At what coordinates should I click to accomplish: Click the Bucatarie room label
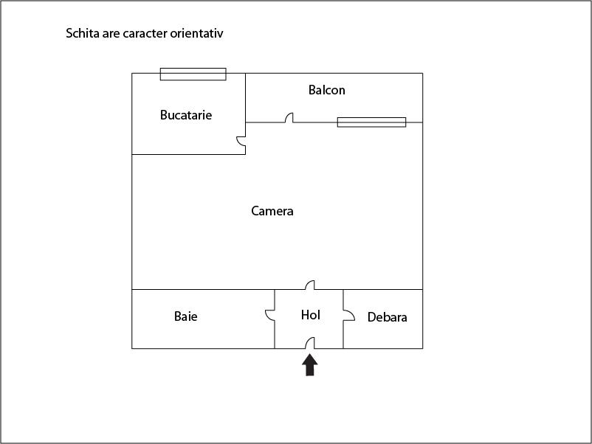click(x=186, y=115)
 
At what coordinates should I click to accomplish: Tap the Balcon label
click(x=326, y=90)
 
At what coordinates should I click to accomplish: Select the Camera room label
click(x=272, y=211)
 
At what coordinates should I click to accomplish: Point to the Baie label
click(x=186, y=316)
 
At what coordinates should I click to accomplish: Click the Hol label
click(x=311, y=315)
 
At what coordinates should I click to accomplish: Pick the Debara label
click(x=388, y=318)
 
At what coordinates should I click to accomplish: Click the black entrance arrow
click(x=310, y=364)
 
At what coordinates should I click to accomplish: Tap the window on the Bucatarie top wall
click(x=193, y=74)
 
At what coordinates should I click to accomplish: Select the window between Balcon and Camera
click(x=371, y=122)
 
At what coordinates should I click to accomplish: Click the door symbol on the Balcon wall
click(x=290, y=118)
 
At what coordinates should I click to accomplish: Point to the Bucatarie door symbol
click(x=241, y=142)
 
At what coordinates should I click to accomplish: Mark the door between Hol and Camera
click(x=311, y=285)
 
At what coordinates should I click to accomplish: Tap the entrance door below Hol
click(x=311, y=343)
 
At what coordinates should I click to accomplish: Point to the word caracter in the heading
click(x=157, y=33)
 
